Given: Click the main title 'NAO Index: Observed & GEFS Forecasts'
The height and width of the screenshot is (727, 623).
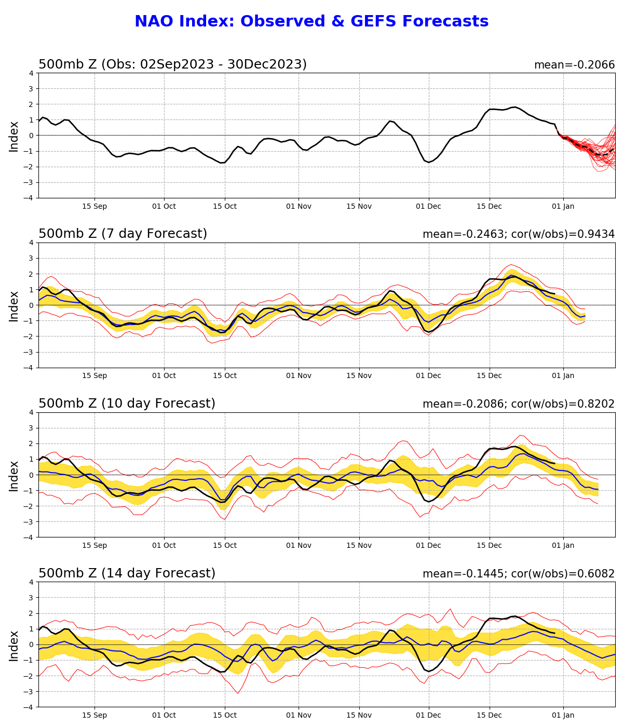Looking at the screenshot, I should pyautogui.click(x=311, y=22).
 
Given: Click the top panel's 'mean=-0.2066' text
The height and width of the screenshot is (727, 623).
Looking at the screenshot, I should pyautogui.click(x=574, y=65).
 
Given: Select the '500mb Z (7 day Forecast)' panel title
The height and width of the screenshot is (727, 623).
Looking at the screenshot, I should pyautogui.click(x=123, y=234).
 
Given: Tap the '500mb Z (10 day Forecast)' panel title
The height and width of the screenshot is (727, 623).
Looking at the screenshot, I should pyautogui.click(x=127, y=403).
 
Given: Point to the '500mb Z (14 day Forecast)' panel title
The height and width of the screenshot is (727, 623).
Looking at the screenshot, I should pyautogui.click(x=127, y=573).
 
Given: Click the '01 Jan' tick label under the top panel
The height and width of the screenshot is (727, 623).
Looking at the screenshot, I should pyautogui.click(x=563, y=206).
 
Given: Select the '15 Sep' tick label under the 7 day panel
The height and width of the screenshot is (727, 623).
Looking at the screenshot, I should pyautogui.click(x=94, y=376).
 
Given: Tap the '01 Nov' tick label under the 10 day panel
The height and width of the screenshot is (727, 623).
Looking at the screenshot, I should pyautogui.click(x=299, y=546).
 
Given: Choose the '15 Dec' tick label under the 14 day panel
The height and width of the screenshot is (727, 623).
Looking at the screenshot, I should pyautogui.click(x=489, y=716).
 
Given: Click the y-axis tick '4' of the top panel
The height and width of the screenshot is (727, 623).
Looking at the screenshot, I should pyautogui.click(x=31, y=73).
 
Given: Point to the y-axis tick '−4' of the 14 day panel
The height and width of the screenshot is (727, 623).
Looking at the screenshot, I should pyautogui.click(x=29, y=707).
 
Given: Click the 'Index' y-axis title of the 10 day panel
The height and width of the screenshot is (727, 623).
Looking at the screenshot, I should pyautogui.click(x=14, y=475).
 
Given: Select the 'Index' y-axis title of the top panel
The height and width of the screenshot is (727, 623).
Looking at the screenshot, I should pyautogui.click(x=14, y=136).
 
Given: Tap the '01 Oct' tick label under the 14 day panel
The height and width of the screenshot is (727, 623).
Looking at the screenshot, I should pyautogui.click(x=164, y=716).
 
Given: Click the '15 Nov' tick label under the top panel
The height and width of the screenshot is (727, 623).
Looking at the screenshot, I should pyautogui.click(x=359, y=206).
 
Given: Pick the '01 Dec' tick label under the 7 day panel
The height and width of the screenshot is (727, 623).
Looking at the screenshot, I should pyautogui.click(x=428, y=376).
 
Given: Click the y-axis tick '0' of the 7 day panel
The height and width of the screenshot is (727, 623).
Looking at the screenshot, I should pyautogui.click(x=31, y=305).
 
